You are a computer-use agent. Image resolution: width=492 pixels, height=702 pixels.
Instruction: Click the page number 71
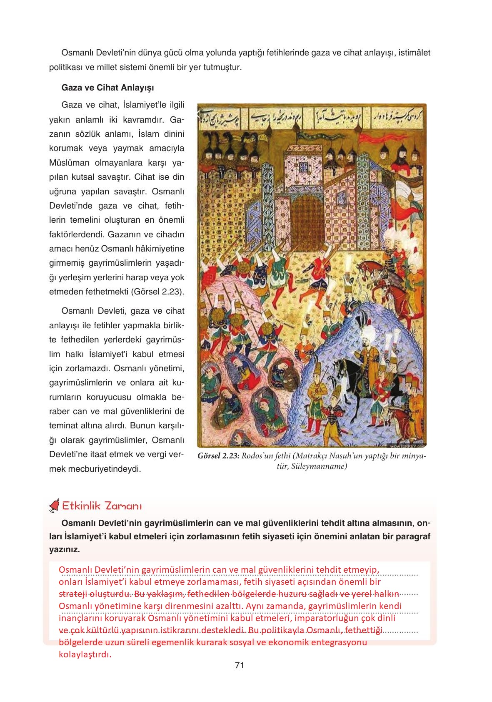(239, 666)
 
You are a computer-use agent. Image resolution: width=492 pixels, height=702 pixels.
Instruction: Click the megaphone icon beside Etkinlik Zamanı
(54, 506)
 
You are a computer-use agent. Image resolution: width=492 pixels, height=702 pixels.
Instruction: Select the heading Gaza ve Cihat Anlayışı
(107, 88)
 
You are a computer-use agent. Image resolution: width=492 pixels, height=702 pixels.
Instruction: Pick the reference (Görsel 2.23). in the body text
(158, 292)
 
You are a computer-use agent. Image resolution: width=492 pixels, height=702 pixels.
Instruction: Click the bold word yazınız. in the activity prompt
(64, 549)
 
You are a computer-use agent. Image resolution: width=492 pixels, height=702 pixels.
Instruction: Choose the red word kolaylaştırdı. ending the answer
(85, 654)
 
